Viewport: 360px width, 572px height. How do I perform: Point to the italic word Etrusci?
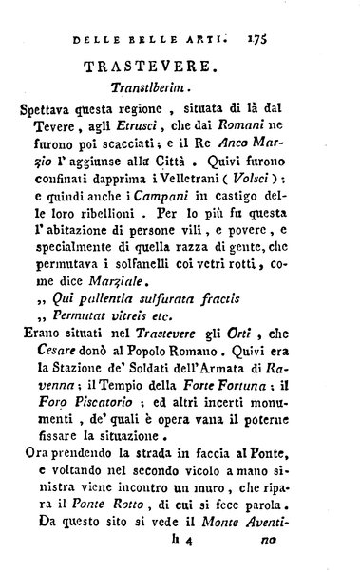pyautogui.click(x=138, y=136)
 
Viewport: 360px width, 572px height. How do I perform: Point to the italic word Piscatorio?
pyautogui.click(x=97, y=445)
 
